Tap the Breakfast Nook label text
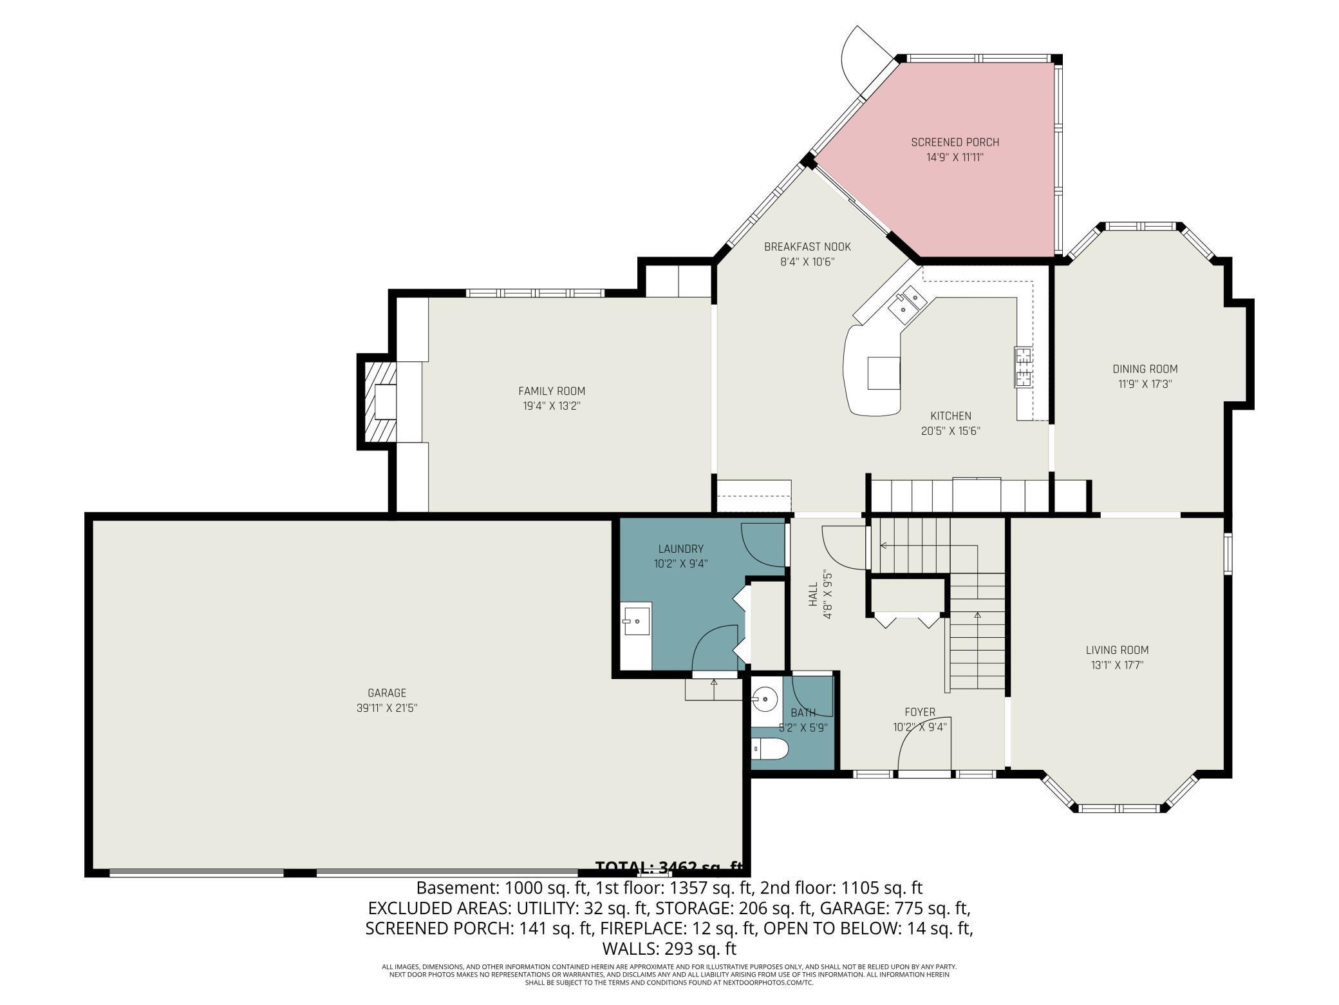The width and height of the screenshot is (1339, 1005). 807,247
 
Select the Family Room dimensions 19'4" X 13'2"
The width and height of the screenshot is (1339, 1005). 552,407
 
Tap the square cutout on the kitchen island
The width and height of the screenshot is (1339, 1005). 884,374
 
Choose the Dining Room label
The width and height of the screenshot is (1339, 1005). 1145,369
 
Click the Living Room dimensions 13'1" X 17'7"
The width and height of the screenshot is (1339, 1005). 1117,665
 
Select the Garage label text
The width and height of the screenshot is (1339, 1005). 387,693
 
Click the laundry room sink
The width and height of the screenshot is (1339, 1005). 637,620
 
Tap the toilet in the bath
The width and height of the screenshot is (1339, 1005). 770,749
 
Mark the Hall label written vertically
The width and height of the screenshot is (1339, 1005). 812,595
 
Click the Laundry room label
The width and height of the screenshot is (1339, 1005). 680,549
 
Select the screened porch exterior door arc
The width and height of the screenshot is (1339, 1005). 863,61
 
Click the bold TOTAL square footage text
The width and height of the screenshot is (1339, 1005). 669,867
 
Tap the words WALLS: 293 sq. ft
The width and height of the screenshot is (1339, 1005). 669,949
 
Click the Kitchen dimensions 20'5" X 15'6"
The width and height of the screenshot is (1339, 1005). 950,432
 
